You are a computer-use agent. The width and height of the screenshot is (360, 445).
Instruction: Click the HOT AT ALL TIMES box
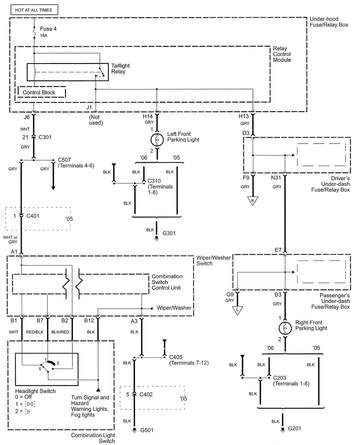pyautogui.click(x=34, y=10)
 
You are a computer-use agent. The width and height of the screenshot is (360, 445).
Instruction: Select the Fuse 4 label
pyautogui.click(x=48, y=29)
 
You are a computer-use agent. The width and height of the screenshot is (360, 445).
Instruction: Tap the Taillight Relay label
pyautogui.click(x=120, y=69)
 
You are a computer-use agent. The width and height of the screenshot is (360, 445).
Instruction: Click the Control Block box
pyautogui.click(x=39, y=93)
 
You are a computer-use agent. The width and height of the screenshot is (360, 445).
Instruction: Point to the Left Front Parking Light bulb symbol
pyautogui.click(x=157, y=140)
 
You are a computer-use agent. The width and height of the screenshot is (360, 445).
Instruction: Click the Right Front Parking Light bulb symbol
pyautogui.click(x=285, y=328)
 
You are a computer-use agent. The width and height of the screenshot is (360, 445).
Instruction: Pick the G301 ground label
pyautogui.click(x=169, y=233)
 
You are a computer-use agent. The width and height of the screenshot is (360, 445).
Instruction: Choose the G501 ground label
pyautogui.click(x=147, y=430)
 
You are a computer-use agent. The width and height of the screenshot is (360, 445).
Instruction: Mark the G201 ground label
pyautogui.click(x=294, y=428)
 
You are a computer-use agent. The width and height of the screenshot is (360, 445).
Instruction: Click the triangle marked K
pyautogui.click(x=253, y=200)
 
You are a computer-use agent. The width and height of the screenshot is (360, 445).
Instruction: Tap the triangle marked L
pyautogui.click(x=237, y=310)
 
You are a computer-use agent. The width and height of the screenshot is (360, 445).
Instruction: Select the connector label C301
pyautogui.click(x=45, y=137)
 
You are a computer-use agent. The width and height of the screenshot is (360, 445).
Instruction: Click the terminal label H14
pyautogui.click(x=148, y=116)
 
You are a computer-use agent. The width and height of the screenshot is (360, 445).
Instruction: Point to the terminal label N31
pyautogui.click(x=276, y=178)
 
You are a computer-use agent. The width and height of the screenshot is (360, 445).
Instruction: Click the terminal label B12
pyautogui.click(x=89, y=321)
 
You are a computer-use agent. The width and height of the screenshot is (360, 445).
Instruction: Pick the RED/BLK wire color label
pyautogui.click(x=35, y=332)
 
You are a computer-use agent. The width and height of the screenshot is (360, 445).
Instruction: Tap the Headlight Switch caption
pyautogui.click(x=35, y=391)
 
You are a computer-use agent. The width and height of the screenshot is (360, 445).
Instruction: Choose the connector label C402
pyautogui.click(x=146, y=394)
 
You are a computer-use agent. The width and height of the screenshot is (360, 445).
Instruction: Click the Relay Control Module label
pyautogui.click(x=282, y=54)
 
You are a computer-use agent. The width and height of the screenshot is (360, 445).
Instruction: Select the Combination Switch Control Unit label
pyautogui.click(x=167, y=282)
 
